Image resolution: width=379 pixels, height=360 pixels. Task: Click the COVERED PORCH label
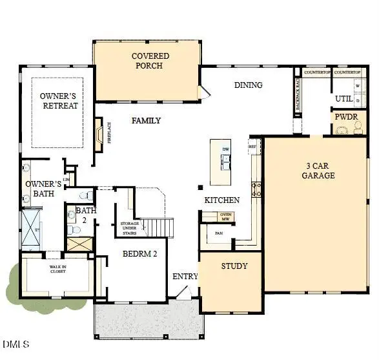[150, 61]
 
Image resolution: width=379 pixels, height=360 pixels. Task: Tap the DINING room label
[248, 85]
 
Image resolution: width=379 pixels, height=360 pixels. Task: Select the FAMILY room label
[147, 121]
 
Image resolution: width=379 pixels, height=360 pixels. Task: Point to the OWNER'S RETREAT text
[59, 101]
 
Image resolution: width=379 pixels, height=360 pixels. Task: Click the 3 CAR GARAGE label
[320, 170]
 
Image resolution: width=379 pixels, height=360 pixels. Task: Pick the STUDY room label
[234, 266]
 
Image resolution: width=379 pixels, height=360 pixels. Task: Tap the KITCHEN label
[222, 200]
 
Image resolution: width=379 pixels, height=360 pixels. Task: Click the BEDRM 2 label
[140, 254]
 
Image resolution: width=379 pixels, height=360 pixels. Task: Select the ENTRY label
[185, 277]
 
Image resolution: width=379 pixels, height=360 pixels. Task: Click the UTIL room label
[343, 99]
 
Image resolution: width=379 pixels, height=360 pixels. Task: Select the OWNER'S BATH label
[43, 188]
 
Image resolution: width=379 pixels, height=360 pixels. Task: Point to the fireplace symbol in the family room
[98, 134]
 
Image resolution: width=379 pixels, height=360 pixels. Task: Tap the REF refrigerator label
[253, 147]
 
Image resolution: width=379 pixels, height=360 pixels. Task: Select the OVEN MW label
[226, 217]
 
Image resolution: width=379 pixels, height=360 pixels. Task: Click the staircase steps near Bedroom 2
[159, 227]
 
